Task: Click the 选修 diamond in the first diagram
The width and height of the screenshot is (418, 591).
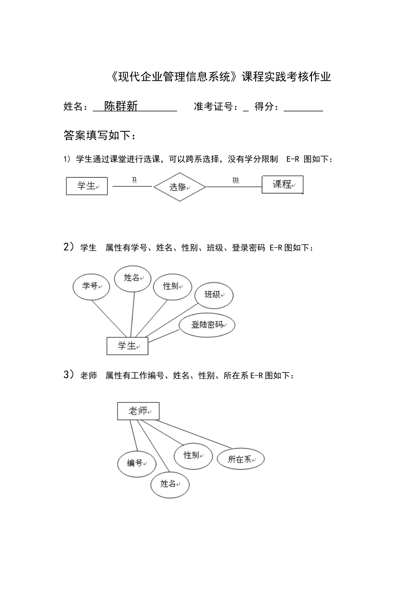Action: point(180,187)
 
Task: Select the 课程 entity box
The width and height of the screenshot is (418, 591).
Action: point(282,184)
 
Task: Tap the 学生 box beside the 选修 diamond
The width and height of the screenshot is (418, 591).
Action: point(87,186)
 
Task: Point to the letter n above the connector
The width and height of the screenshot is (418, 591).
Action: point(134,179)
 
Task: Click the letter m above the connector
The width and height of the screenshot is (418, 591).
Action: point(235,179)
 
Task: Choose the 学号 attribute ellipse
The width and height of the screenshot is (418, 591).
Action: point(91,287)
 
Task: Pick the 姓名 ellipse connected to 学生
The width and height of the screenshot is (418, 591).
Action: point(132,278)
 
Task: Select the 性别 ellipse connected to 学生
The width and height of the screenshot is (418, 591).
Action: point(172,286)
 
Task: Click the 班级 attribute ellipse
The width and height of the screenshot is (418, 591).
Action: point(214,295)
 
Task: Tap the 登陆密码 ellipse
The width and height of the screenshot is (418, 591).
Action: point(207,325)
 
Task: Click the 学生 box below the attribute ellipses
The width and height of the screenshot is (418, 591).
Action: point(127,346)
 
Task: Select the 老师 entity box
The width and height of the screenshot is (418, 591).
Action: point(138,411)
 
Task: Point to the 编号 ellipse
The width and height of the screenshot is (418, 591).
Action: point(136,463)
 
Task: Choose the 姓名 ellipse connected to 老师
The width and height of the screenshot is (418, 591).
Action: point(170,484)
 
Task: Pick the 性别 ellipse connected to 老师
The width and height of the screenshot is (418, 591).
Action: point(193,456)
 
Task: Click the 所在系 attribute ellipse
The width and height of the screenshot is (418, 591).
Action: point(241,460)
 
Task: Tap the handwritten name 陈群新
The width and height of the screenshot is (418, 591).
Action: point(121,106)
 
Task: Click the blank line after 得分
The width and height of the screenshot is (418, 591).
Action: point(304,108)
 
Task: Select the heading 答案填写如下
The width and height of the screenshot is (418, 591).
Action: point(100,135)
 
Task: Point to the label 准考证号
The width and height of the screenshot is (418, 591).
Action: point(213,106)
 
